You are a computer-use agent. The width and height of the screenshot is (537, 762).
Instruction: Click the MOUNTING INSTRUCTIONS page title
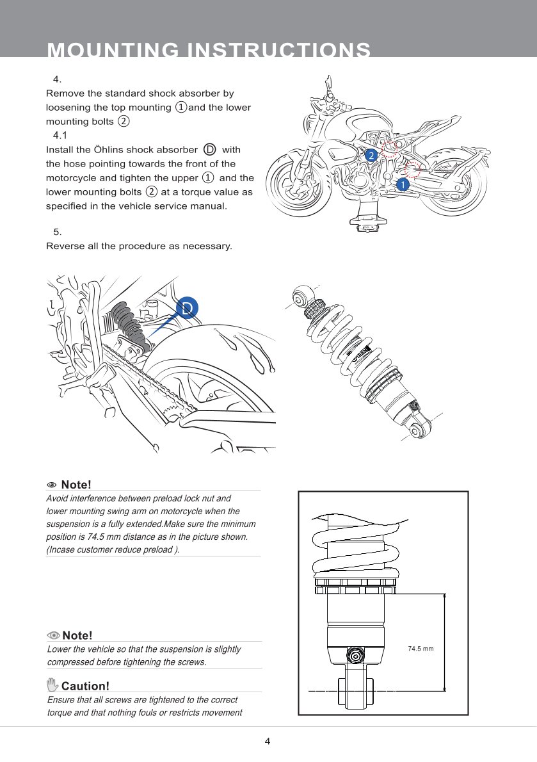pos(209,50)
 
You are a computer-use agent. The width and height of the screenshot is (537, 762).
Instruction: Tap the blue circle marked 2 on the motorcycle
pos(370,156)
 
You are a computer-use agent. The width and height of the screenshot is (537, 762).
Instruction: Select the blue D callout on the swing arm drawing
pos(187,308)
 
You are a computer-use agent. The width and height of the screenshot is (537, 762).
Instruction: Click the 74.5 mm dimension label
pos(421,649)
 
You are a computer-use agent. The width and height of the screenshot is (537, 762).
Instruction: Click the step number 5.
pos(58,232)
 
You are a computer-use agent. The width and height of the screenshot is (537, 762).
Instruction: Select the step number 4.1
pos(60,135)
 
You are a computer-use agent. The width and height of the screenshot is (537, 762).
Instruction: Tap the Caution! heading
pos(85,686)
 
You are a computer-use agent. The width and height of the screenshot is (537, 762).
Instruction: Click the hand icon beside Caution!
pos(53,685)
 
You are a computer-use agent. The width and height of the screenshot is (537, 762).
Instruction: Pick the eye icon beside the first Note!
pos(52,485)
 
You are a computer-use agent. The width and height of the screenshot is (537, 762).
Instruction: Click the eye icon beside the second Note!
pos(54,635)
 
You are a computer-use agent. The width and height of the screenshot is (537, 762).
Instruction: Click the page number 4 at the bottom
pos(268,742)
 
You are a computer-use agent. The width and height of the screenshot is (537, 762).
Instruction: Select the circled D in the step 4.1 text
pos(209,150)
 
